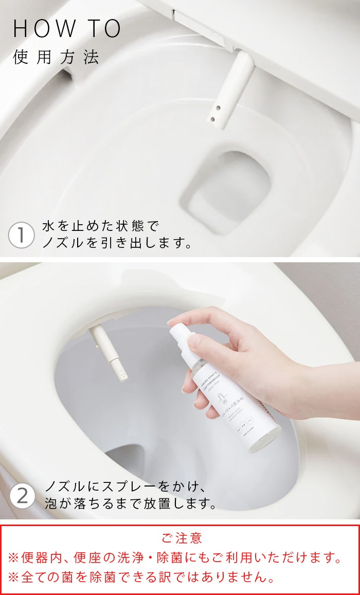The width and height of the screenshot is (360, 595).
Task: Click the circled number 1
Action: point(21,236)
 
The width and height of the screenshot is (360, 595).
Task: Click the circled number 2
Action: point(22,496)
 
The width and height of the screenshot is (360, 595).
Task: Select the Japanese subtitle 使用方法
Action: point(56,57)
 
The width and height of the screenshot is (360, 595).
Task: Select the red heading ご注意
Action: point(182,538)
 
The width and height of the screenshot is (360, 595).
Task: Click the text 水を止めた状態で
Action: point(101,227)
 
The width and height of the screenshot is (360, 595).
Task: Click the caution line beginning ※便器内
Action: point(175,557)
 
